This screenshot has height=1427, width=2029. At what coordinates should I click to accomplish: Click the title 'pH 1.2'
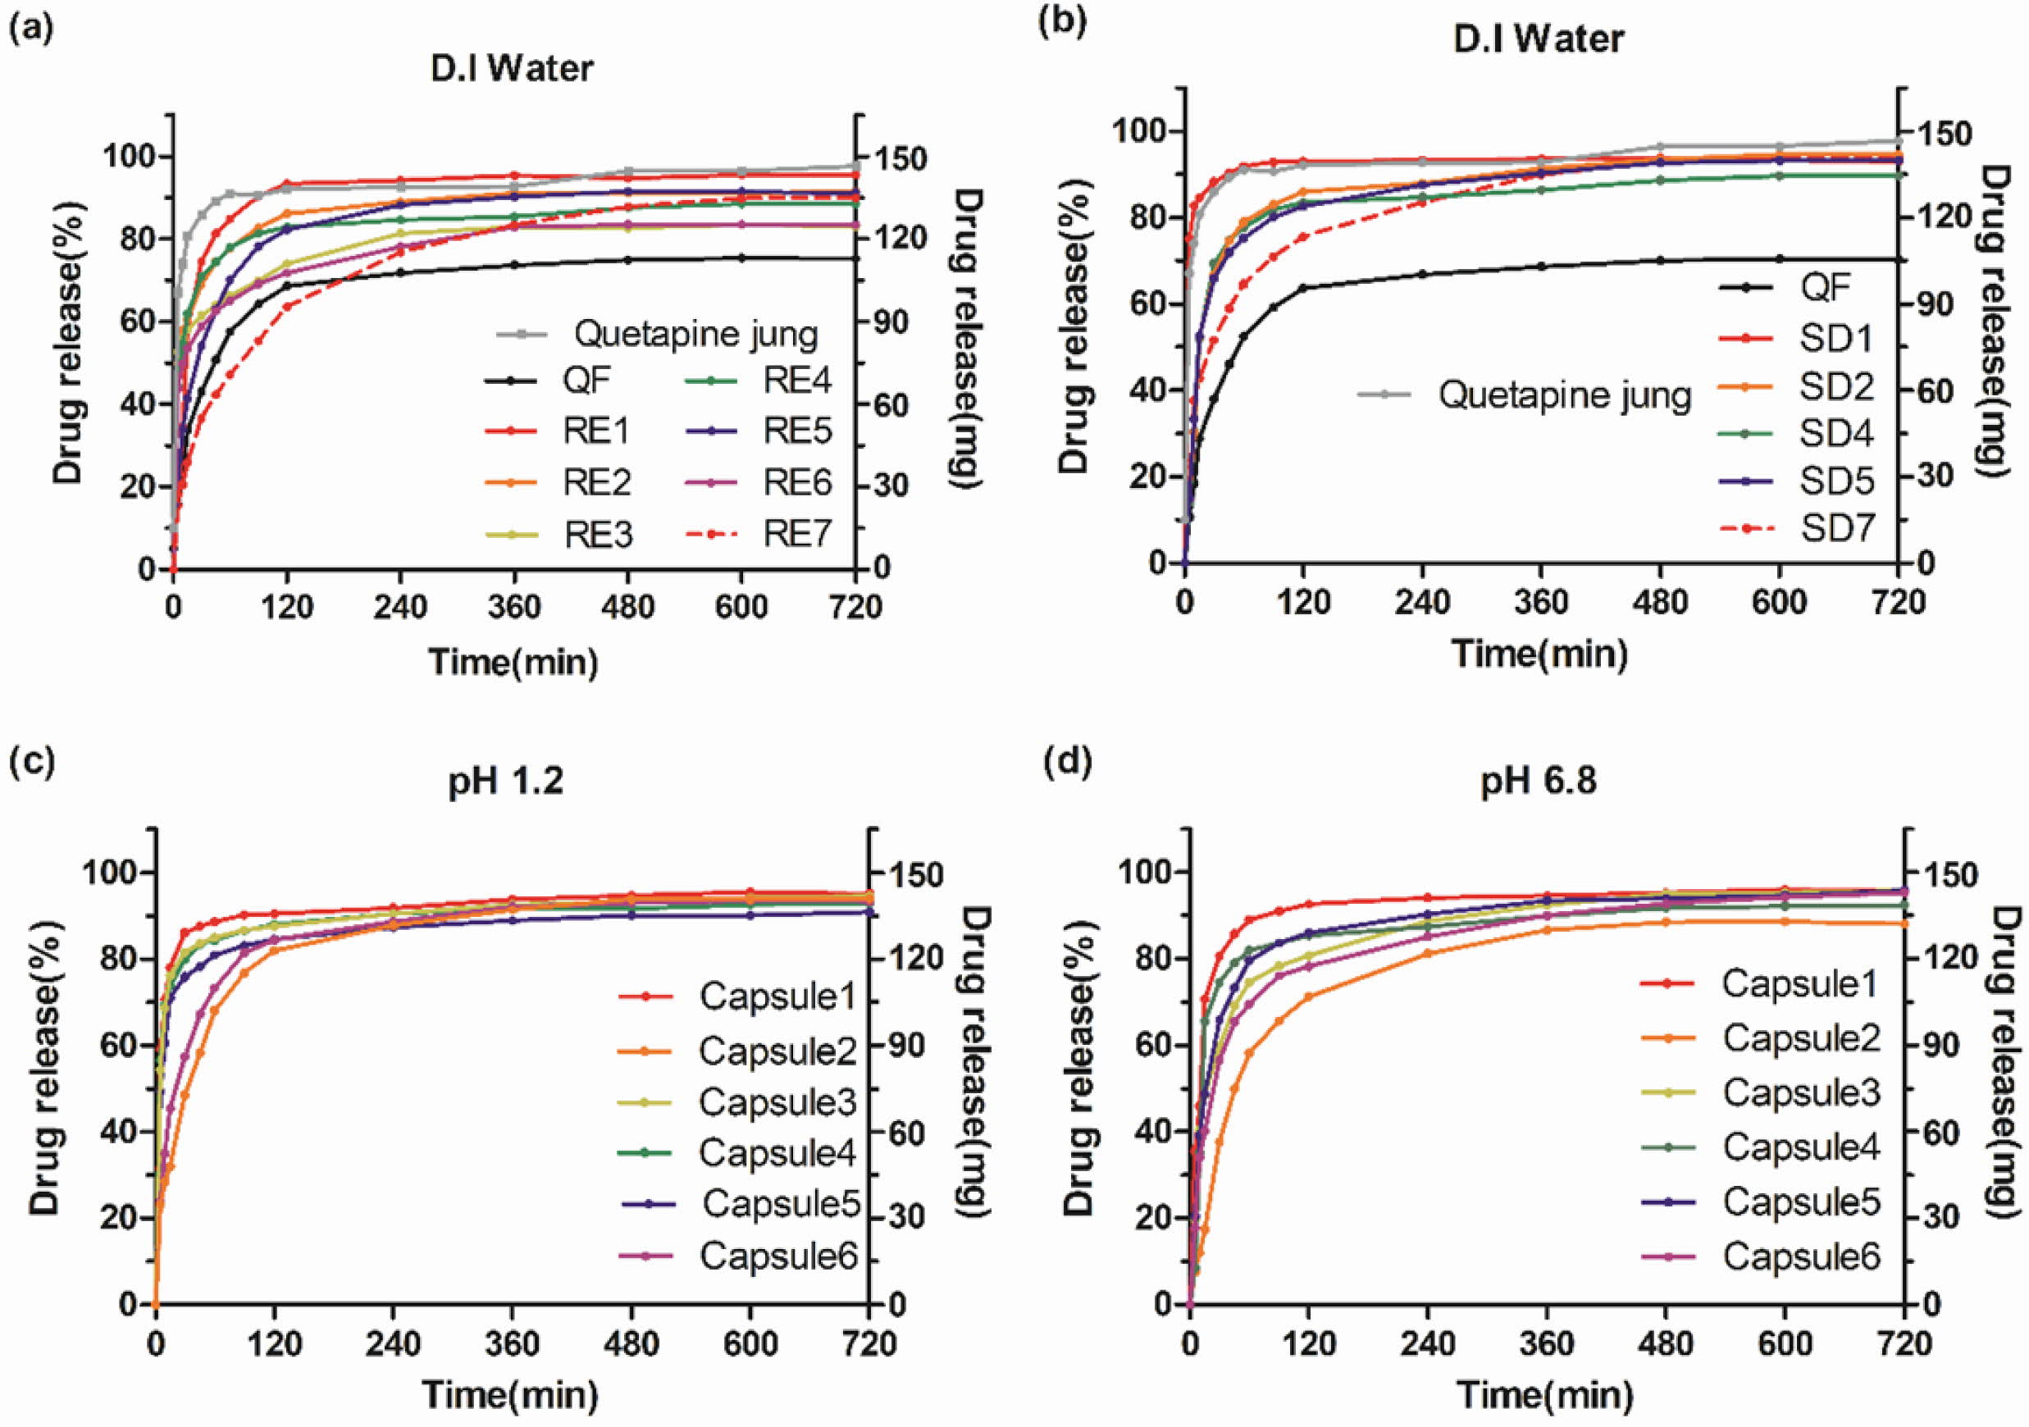coord(505,782)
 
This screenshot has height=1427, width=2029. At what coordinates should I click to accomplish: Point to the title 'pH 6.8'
coord(1539,782)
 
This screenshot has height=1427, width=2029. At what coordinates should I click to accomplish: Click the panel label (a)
coord(30,30)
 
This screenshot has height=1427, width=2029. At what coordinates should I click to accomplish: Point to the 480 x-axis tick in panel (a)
coord(627,608)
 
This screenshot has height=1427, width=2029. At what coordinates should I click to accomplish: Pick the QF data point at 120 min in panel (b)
coord(1303,287)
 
